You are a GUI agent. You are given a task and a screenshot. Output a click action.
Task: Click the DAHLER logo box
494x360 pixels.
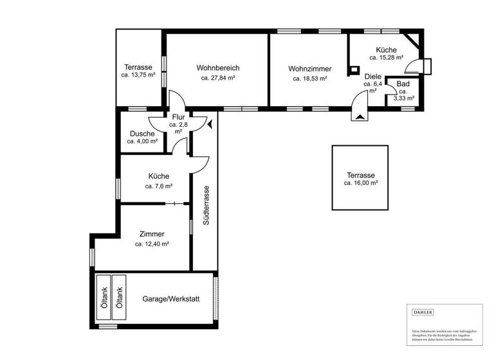click(423, 312)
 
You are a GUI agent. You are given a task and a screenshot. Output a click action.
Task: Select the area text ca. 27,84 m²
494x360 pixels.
click(217, 78)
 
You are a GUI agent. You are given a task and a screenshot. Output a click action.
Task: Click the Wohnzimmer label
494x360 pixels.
click(309, 68)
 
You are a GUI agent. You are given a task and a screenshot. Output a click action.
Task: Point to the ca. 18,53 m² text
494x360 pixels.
click(309, 78)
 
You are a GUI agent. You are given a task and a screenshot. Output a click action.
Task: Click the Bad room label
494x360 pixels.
click(403, 84)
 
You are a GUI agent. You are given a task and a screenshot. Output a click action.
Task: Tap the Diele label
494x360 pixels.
click(372, 76)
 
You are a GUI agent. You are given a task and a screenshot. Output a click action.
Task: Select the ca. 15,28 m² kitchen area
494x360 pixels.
click(386, 58)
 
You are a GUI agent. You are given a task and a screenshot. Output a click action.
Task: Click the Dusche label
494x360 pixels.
click(142, 134)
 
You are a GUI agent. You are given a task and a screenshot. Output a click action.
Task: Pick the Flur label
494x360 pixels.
click(178, 116)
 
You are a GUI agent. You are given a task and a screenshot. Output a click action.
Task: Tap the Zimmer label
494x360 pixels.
click(152, 234)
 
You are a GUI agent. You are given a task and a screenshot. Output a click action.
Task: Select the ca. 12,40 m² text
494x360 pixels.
click(152, 244)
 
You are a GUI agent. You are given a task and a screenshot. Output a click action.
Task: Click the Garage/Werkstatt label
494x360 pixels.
click(170, 299)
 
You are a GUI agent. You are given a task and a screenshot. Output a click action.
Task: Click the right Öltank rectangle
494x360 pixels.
click(119, 299)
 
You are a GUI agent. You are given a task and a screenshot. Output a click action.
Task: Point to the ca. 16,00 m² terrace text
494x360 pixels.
click(360, 183)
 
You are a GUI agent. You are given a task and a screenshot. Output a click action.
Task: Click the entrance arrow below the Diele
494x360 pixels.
click(359, 116)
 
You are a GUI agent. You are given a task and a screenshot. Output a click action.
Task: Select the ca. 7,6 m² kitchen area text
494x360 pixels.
click(158, 186)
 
